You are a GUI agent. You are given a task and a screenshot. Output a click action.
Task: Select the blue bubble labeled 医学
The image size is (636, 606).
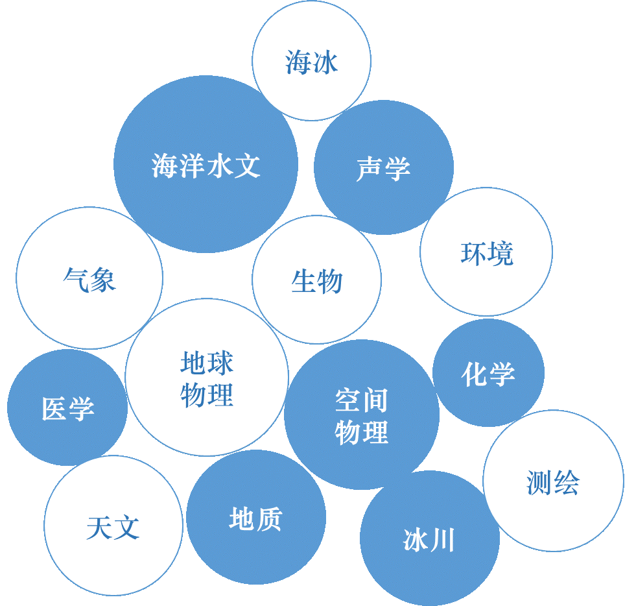click(67, 435)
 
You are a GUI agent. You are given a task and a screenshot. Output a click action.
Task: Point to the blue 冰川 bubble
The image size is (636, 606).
click(429, 571)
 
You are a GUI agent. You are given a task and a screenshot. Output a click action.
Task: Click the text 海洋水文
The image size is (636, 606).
click(206, 165)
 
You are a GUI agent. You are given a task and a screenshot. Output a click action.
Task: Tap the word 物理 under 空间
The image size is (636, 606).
click(361, 433)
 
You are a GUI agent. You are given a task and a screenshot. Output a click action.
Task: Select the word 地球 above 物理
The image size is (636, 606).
click(207, 363)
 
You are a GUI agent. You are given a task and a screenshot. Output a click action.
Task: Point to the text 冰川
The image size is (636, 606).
click(429, 540)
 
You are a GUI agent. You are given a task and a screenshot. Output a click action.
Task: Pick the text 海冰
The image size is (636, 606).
click(311, 63)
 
